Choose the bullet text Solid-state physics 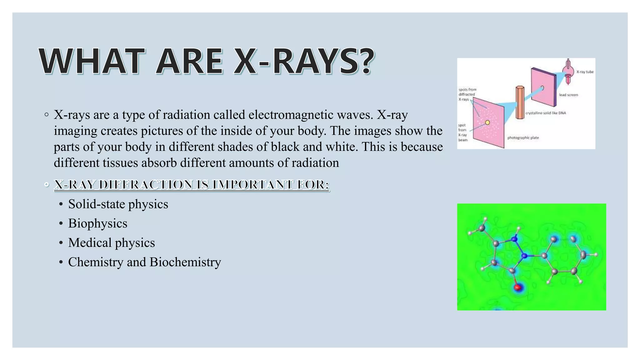(118, 204)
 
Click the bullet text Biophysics (97, 224)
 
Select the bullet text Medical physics (111, 243)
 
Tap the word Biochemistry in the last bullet (185, 262)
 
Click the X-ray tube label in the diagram (585, 72)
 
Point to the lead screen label (568, 95)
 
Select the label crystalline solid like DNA (546, 113)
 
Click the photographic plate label (523, 137)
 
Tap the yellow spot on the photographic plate (487, 122)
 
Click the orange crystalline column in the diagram (520, 102)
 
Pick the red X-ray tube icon (568, 72)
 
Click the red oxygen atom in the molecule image (518, 287)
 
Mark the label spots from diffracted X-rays (467, 94)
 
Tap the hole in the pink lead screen (542, 88)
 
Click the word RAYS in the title (316, 61)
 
